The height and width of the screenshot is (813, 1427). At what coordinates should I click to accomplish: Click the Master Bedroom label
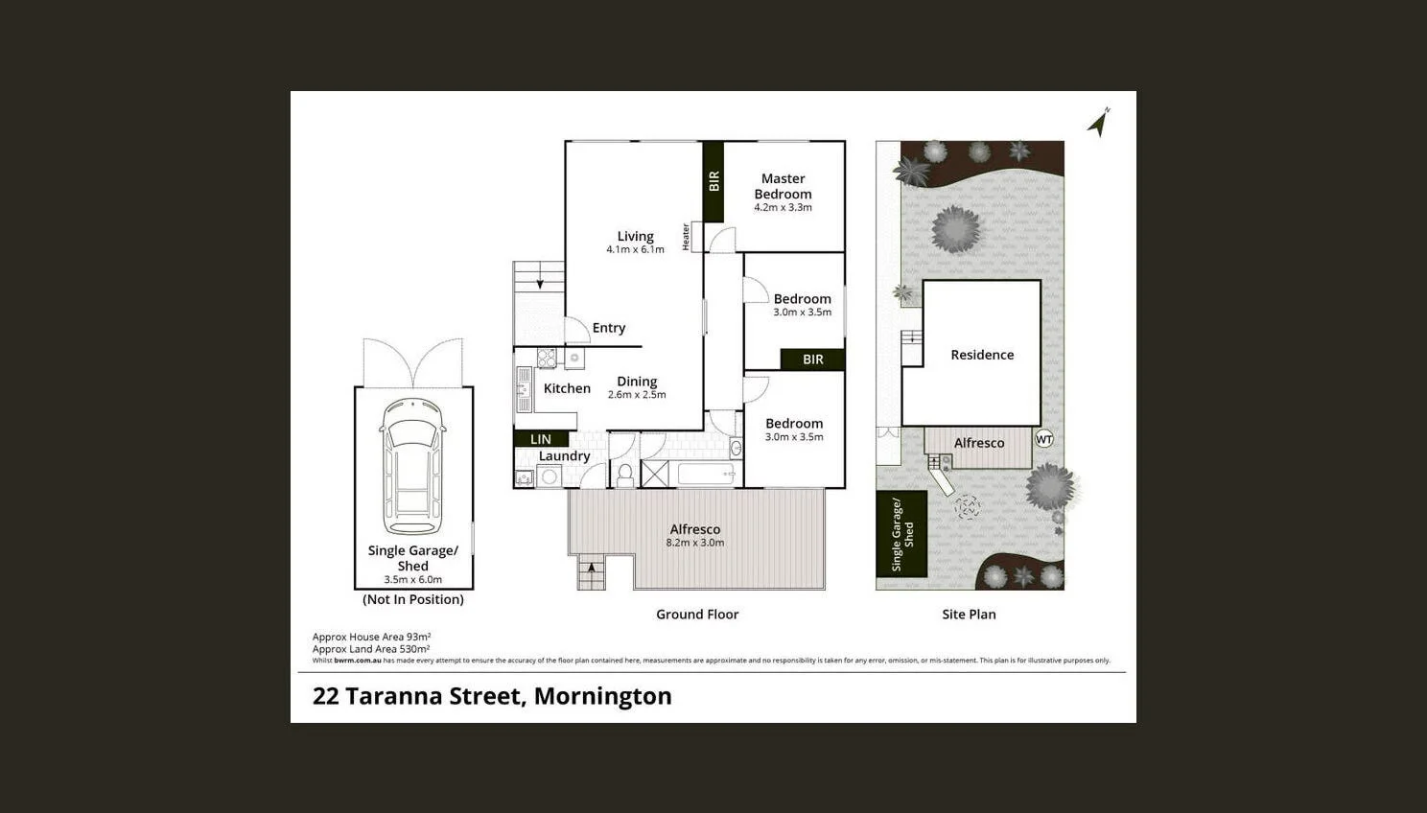coord(783,186)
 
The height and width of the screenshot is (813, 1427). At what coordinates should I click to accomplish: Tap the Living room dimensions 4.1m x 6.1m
coord(635,250)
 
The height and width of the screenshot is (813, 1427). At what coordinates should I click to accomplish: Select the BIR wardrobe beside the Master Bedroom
coord(713,180)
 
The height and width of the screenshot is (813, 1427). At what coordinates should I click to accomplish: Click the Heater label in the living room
coord(686,237)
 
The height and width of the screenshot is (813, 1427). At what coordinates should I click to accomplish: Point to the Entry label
coord(608,328)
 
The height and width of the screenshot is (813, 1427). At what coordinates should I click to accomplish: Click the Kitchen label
coord(567,388)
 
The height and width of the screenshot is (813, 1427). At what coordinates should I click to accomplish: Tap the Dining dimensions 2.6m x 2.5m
coord(637,395)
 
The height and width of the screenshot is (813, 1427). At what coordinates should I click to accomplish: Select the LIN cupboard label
coord(541,439)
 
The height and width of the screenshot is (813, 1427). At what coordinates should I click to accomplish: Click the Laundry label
coord(564,456)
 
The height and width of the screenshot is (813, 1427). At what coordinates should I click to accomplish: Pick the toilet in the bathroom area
coord(624,474)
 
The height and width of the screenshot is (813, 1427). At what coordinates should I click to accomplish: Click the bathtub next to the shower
coord(707,474)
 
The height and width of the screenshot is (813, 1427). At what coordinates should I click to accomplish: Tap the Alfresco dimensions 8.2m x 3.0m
coord(695,543)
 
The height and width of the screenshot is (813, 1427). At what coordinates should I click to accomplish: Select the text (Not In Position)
coord(413,599)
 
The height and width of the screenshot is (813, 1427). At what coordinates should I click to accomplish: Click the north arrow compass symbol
coord(1099,122)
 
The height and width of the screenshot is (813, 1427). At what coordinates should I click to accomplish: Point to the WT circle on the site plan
coord(1044,439)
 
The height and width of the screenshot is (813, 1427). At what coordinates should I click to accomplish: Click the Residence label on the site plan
coord(982,355)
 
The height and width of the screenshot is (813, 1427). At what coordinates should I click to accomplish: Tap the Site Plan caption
coord(969,615)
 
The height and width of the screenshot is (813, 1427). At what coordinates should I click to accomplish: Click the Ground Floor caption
coord(697,615)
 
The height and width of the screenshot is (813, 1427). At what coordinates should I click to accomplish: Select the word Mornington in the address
coord(602,696)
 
